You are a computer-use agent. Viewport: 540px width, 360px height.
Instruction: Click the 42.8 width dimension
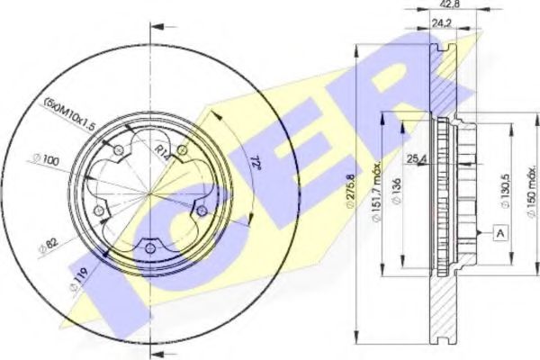(x=439, y=5)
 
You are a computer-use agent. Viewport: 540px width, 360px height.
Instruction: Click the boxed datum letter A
(x=497, y=233)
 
